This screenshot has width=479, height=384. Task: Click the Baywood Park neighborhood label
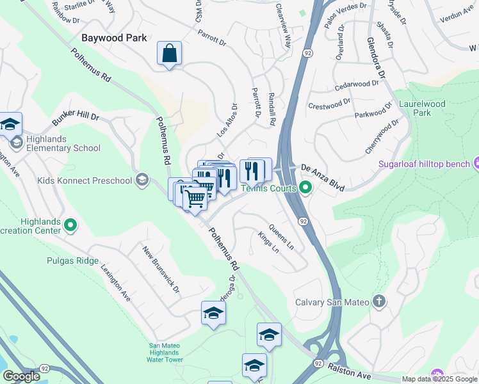coord(114,38)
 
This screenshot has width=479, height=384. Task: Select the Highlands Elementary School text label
coord(64,148)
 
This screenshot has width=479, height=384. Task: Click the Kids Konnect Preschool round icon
coord(142,180)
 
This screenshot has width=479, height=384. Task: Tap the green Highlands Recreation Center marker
coord(70,226)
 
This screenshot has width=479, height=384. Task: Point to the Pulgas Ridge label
coord(72,260)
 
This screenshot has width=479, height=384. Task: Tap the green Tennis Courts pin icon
coord(305,188)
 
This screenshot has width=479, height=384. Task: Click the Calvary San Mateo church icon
coord(379,301)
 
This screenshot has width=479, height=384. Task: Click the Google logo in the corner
coord(21,376)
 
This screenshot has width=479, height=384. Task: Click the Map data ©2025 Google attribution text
coord(439,379)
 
